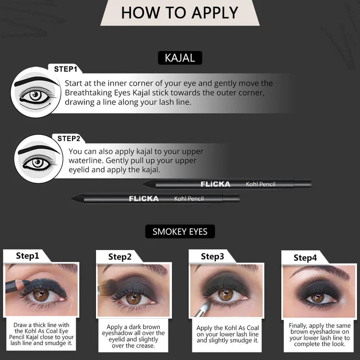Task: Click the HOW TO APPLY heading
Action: pyautogui.click(x=180, y=12)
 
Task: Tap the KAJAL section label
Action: pyautogui.click(x=180, y=58)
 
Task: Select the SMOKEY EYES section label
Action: pyautogui.click(x=180, y=231)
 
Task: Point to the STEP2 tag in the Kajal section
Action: pyautogui.click(x=72, y=139)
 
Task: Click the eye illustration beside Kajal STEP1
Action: pyautogui.click(x=36, y=93)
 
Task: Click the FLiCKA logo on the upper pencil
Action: pyautogui.click(x=216, y=184)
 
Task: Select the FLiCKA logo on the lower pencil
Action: pyautogui.click(x=144, y=199)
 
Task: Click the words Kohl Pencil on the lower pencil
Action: pyautogui.click(x=189, y=199)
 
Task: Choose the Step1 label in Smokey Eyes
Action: pyautogui.click(x=27, y=256)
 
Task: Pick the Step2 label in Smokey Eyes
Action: pyautogui.click(x=120, y=257)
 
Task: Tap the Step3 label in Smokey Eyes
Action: pyautogui.click(x=212, y=256)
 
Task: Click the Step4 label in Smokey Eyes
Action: pyautogui.click(x=305, y=258)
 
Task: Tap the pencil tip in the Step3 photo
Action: pyautogui.click(x=207, y=304)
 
